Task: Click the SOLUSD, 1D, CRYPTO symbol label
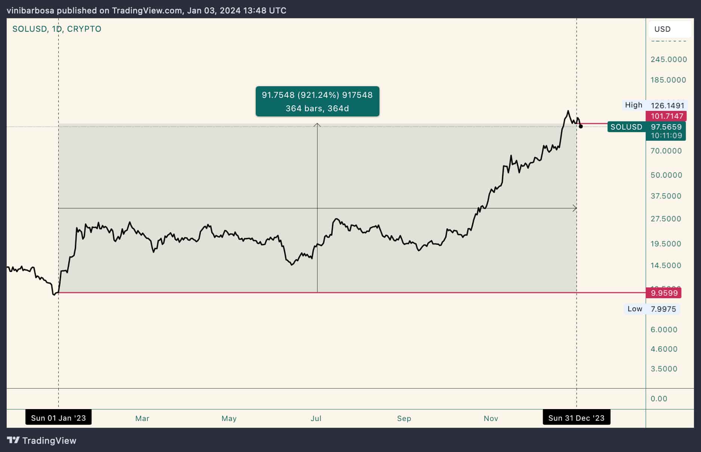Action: [57, 29]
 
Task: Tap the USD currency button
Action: [662, 29]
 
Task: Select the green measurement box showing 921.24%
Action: [317, 102]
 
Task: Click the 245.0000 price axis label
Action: [668, 59]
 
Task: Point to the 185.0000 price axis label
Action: [668, 80]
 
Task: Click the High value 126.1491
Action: [667, 106]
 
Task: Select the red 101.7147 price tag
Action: [667, 116]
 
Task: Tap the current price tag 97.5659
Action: [666, 127]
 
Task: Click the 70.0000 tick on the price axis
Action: [666, 151]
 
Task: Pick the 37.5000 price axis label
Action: [666, 196]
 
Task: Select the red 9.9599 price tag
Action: [664, 293]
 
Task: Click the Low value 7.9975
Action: [663, 309]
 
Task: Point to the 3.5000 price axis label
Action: [664, 369]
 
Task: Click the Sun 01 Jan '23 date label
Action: [58, 418]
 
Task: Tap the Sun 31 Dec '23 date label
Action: [576, 418]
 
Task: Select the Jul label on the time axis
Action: [316, 418]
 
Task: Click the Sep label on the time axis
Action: [404, 418]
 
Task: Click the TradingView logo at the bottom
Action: [42, 441]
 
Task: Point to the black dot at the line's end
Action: [581, 127]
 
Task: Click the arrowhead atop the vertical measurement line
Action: [317, 125]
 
